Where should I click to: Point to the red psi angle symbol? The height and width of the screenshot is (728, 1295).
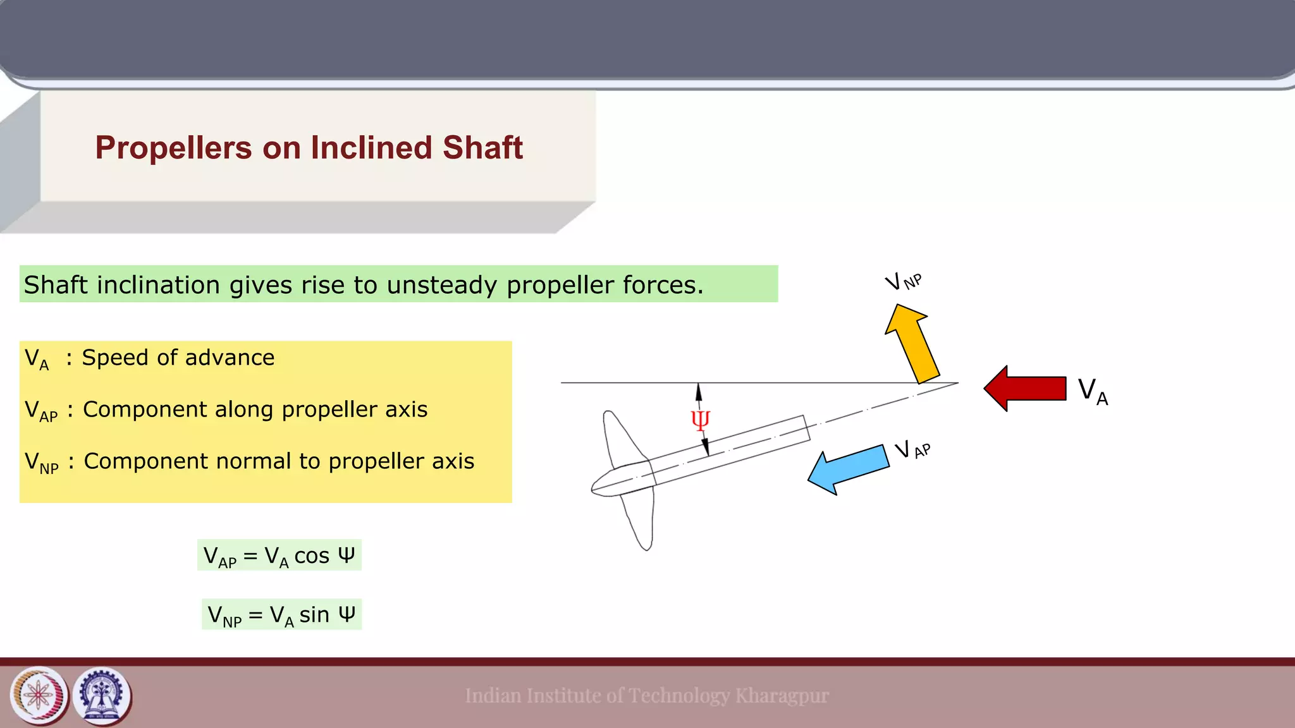point(700,420)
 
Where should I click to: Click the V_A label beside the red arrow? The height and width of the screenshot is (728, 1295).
point(1093,391)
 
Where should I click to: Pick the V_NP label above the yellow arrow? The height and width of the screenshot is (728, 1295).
point(903,281)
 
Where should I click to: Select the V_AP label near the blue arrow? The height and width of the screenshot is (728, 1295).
point(912,450)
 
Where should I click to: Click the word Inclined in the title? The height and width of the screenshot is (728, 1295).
point(371,148)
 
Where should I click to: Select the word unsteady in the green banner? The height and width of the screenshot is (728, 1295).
point(442,285)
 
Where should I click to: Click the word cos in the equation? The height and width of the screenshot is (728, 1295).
point(312,555)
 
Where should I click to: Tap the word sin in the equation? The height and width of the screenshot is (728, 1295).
point(314,614)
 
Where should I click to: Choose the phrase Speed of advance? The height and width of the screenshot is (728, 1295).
point(178,358)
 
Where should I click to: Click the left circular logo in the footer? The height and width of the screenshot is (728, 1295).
point(39,696)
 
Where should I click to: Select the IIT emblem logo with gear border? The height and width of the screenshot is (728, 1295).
point(102,696)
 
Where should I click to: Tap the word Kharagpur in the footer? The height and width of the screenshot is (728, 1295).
point(782,696)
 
